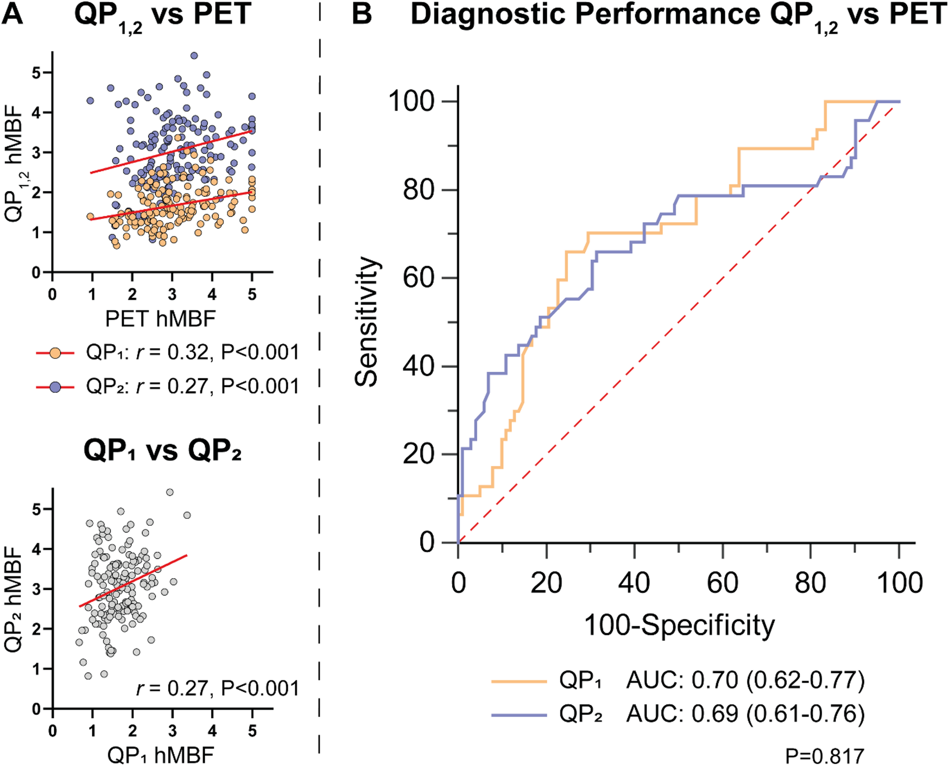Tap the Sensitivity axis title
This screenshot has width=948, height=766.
[x=367, y=321]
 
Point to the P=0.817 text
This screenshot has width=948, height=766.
[x=824, y=756]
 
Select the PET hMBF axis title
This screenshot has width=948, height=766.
[x=160, y=319]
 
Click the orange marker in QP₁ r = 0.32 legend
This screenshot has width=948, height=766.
[x=55, y=353]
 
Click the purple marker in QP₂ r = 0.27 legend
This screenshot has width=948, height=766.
[x=55, y=387]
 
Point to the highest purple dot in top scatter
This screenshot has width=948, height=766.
[x=194, y=56]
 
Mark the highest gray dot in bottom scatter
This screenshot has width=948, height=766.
[x=170, y=493]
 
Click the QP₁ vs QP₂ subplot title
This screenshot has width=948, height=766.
[x=162, y=451]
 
